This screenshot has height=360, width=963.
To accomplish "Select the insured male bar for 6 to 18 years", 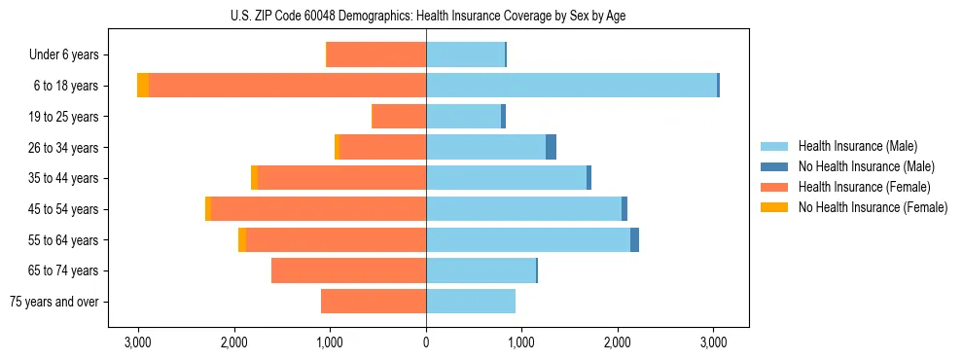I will point(571,86).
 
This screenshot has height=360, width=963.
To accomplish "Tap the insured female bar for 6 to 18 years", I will point(287,86).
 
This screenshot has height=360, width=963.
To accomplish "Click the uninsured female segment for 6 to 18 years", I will point(143,86).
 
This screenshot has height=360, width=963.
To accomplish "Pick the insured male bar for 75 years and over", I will point(471,302).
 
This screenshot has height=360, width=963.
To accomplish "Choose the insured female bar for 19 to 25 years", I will point(400,117).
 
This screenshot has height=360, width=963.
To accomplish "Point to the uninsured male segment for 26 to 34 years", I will point(551,148).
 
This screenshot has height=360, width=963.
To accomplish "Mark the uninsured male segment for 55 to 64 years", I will point(634,240).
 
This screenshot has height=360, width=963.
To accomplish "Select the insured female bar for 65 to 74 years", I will point(348,270).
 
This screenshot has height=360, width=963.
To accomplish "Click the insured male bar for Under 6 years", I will point(465,55).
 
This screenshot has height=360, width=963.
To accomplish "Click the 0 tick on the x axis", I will point(426,342).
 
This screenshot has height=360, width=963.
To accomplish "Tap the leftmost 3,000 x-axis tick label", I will point(138,342).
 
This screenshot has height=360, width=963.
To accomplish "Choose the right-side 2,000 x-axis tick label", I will point(618,342).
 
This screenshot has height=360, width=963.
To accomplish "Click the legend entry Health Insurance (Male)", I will point(857,146).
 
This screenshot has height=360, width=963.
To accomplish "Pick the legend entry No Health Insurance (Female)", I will point(872,207).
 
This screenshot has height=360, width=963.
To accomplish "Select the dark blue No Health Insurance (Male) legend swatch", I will point(775,166).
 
